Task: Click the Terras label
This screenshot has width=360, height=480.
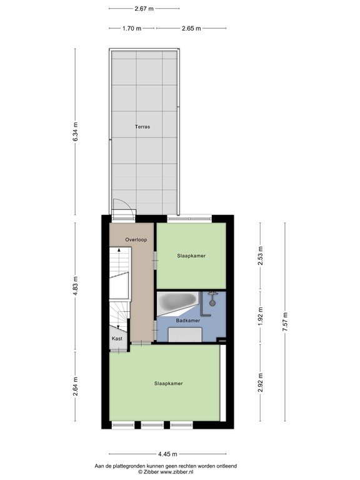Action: pyautogui.click(x=142, y=127)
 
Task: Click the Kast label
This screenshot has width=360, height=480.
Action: pyautogui.click(x=117, y=338)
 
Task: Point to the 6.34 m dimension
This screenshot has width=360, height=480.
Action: pyautogui.click(x=76, y=132)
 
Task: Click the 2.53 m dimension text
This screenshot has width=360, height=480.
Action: pyautogui.click(x=261, y=256)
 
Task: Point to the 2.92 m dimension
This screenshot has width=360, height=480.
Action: pyautogui.click(x=261, y=380)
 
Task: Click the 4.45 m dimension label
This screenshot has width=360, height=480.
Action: pyautogui.click(x=167, y=454)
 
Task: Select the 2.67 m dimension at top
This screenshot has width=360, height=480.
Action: pyautogui.click(x=144, y=9)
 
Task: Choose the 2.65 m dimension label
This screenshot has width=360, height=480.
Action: pyautogui.click(x=191, y=28)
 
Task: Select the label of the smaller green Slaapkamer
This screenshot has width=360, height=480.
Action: pyautogui.click(x=191, y=256)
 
